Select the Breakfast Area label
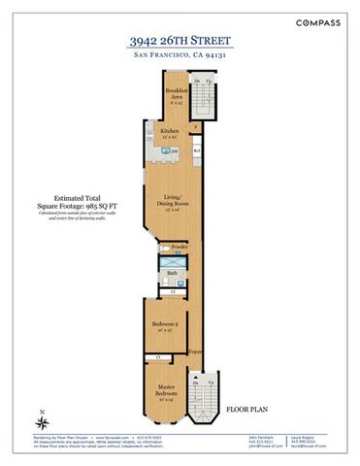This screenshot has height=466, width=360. pyautogui.click(x=175, y=93)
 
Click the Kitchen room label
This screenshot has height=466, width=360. pyautogui.click(x=170, y=131)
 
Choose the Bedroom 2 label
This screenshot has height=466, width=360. pyautogui.click(x=163, y=326)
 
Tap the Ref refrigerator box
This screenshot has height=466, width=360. pyautogui.click(x=195, y=150)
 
